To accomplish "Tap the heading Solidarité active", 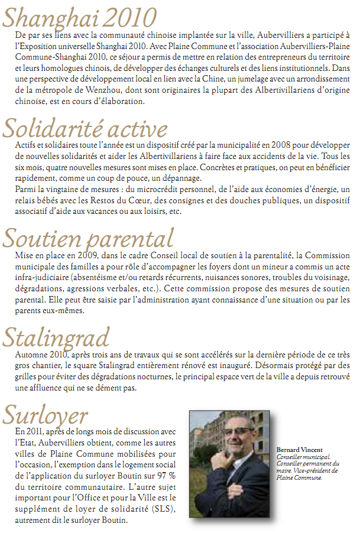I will (x=85, y=128).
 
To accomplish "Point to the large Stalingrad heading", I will (x=56, y=337).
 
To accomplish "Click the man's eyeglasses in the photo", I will (x=238, y=431).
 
